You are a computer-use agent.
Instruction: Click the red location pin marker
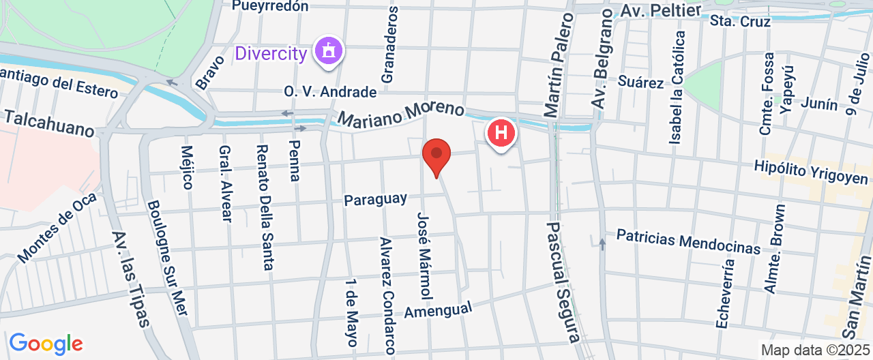click(x=436, y=155)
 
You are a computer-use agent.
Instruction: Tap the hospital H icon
click(x=501, y=132)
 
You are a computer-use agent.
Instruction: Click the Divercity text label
click(x=271, y=53)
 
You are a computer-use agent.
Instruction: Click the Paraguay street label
click(x=375, y=200)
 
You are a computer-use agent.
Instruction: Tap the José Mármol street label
click(x=424, y=255)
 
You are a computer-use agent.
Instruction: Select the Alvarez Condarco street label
click(x=387, y=295)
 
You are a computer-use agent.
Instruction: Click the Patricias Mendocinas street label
click(x=688, y=241)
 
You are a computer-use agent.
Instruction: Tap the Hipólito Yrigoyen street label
click(x=810, y=172)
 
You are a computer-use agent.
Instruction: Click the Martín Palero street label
click(x=557, y=67)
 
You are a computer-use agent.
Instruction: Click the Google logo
click(x=46, y=343)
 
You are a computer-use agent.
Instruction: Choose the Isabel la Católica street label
click(x=677, y=87)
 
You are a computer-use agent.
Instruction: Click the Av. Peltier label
click(x=660, y=12)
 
